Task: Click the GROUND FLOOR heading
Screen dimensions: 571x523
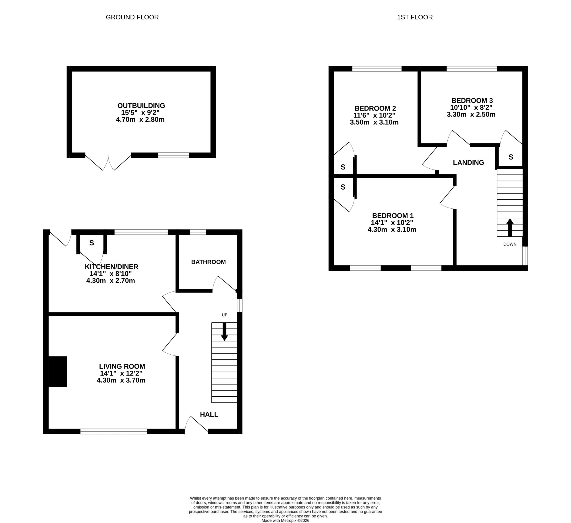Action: click(x=132, y=17)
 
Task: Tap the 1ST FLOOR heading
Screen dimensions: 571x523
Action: click(x=415, y=17)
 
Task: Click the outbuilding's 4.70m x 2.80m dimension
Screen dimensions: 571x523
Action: click(x=140, y=119)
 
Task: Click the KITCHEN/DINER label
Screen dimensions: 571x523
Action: click(x=112, y=267)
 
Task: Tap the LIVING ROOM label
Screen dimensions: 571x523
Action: click(x=122, y=366)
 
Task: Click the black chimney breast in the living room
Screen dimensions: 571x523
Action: click(x=58, y=372)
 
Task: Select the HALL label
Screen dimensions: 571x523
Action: click(x=209, y=414)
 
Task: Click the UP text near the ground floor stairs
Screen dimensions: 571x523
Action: click(x=224, y=315)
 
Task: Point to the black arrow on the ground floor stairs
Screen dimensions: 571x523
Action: click(x=224, y=332)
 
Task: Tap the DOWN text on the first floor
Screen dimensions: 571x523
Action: click(x=510, y=244)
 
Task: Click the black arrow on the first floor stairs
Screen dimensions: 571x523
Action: click(x=510, y=228)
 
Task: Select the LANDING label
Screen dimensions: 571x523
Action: click(x=468, y=163)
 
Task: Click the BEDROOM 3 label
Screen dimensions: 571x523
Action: click(x=472, y=100)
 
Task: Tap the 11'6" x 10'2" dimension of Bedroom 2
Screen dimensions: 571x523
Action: click(x=374, y=115)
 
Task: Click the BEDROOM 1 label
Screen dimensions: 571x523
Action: click(x=393, y=215)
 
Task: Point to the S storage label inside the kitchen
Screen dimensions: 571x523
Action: click(x=91, y=243)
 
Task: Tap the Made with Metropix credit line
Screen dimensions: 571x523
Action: click(x=285, y=521)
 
